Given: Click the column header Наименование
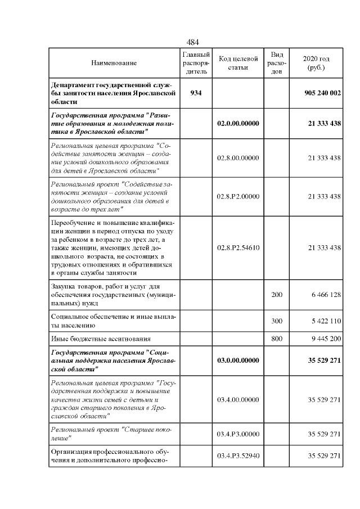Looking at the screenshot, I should [x=114, y=64].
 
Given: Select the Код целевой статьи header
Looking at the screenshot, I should [x=238, y=64].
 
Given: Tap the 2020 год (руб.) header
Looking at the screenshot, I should [x=316, y=64].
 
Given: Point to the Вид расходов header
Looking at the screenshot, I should [x=277, y=64].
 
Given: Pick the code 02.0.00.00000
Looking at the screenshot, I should [x=238, y=123].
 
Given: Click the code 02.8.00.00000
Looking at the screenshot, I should [x=238, y=158].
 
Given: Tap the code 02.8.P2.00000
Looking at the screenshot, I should [x=238, y=196].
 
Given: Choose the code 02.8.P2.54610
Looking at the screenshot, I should [x=238, y=247].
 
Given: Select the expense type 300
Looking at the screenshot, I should [x=277, y=321].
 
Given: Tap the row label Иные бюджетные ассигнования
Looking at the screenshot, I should [x=101, y=339].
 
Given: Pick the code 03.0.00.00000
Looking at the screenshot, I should [x=238, y=361].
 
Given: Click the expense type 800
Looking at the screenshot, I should [x=277, y=339].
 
